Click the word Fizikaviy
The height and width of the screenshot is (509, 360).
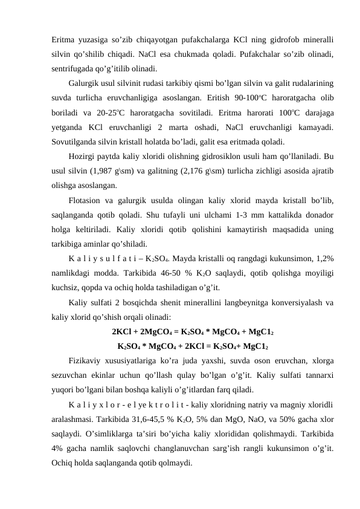[88, 361]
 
